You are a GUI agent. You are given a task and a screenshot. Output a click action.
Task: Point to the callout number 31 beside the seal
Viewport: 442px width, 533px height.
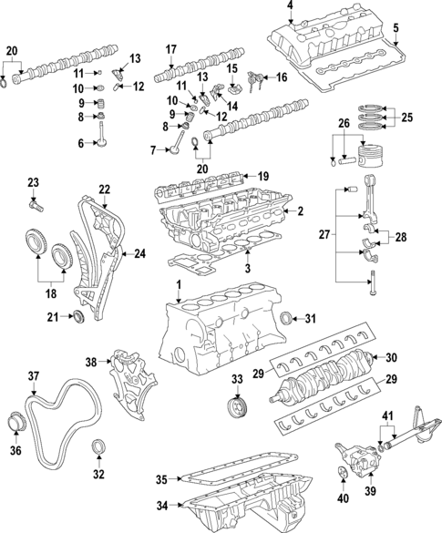(310, 318)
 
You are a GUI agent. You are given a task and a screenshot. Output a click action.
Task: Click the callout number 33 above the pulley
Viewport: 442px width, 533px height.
(237, 379)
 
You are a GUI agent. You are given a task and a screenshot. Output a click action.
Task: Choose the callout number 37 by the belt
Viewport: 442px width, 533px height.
(33, 375)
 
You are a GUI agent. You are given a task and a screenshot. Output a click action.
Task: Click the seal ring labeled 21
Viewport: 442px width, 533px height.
(78, 316)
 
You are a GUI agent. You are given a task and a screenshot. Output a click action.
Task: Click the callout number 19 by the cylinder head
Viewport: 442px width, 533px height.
(262, 176)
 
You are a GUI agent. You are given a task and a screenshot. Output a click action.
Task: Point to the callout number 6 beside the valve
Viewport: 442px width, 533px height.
(80, 143)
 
